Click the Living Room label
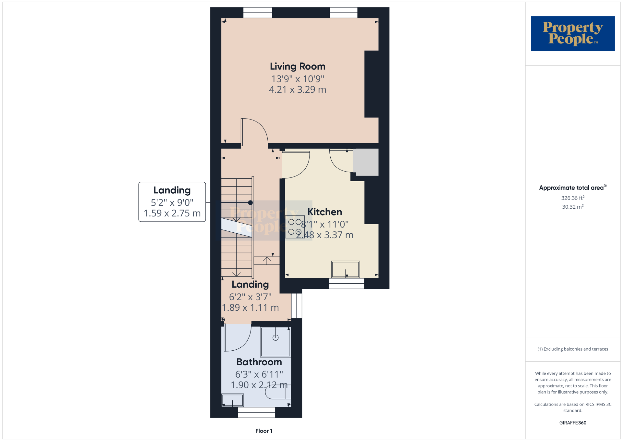[298, 67]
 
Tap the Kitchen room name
[325, 212]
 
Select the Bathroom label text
[259, 362]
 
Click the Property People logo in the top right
[573, 33]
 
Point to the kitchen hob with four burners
[295, 227]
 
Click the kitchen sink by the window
[346, 269]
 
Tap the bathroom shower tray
[275, 342]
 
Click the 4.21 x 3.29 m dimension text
[298, 90]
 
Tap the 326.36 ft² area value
[573, 198]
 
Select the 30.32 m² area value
[573, 207]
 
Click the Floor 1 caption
[264, 431]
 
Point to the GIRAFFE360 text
[573, 423]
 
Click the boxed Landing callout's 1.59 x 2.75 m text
[172, 213]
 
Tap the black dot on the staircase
[250, 203]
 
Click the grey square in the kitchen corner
[366, 162]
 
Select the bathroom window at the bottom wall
[257, 412]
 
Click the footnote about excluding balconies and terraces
[573, 349]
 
